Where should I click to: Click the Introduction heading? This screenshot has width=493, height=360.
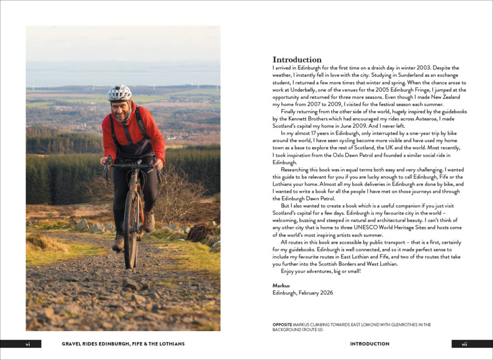(x=297, y=60)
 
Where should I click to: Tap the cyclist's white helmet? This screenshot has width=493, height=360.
(x=119, y=93)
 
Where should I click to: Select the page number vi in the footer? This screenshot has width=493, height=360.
(x=27, y=344)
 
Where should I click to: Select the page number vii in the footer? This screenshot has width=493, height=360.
(x=464, y=344)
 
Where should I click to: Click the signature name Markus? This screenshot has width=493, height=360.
(x=282, y=285)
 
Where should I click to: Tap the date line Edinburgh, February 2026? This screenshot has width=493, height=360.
(x=302, y=293)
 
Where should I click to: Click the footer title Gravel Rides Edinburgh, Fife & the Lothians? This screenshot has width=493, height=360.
(x=123, y=344)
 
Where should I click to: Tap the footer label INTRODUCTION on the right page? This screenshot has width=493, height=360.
(x=370, y=344)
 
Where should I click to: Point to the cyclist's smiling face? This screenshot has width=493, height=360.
(x=121, y=110)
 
